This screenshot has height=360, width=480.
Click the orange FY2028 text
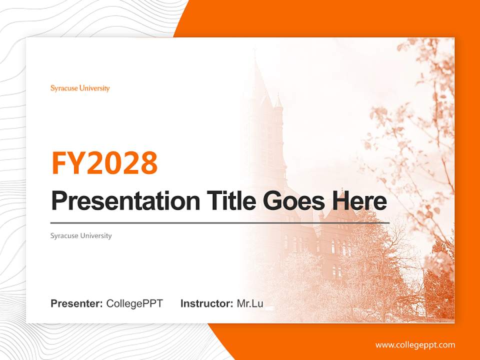(104, 163)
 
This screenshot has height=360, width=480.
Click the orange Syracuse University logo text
(80, 88)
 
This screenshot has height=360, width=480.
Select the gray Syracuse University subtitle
(81, 235)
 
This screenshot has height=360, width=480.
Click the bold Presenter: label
(77, 303)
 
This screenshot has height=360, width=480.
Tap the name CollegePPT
(134, 303)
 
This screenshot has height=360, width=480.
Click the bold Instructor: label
(206, 303)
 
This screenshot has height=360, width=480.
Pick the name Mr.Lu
(250, 303)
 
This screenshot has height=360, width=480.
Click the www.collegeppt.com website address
(415, 345)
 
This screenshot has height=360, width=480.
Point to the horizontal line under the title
(220, 222)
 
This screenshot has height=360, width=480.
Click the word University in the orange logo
(94, 88)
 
